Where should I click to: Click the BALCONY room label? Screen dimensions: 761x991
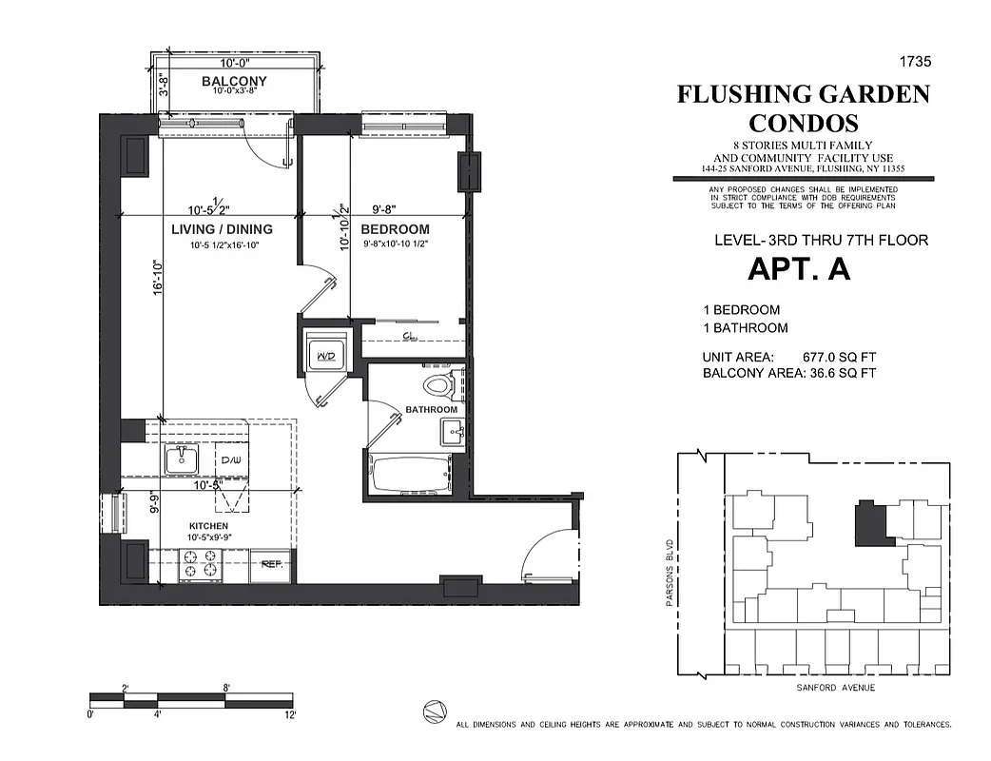(234, 82)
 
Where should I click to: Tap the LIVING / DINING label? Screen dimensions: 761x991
(222, 229)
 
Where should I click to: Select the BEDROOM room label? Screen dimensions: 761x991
(395, 229)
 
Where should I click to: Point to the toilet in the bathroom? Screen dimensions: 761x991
(438, 386)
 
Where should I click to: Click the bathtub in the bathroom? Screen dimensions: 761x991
(410, 474)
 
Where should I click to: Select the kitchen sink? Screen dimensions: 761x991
(181, 461)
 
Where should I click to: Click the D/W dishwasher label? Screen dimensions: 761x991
(231, 461)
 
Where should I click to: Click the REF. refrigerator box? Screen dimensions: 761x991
(272, 565)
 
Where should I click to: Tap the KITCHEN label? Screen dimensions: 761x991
(208, 526)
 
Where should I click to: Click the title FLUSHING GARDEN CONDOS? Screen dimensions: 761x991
(803, 108)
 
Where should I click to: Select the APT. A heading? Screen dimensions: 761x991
(799, 270)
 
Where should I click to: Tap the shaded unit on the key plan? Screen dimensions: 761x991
(869, 523)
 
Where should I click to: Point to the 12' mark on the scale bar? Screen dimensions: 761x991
(289, 714)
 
